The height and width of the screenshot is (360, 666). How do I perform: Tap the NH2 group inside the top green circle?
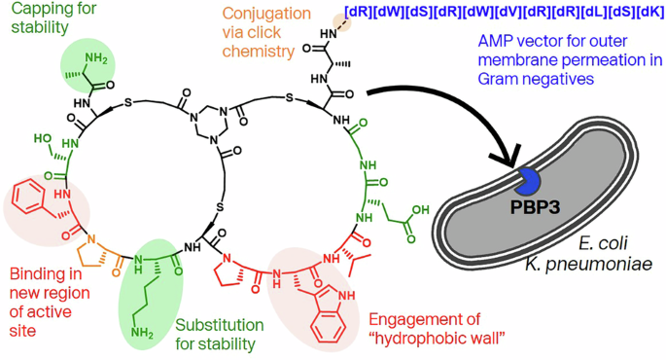pyautogui.click(x=97, y=59)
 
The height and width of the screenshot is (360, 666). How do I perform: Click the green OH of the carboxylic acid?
pyautogui.click(x=417, y=208)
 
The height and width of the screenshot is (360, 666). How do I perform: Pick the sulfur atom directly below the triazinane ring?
pyautogui.click(x=222, y=205)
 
